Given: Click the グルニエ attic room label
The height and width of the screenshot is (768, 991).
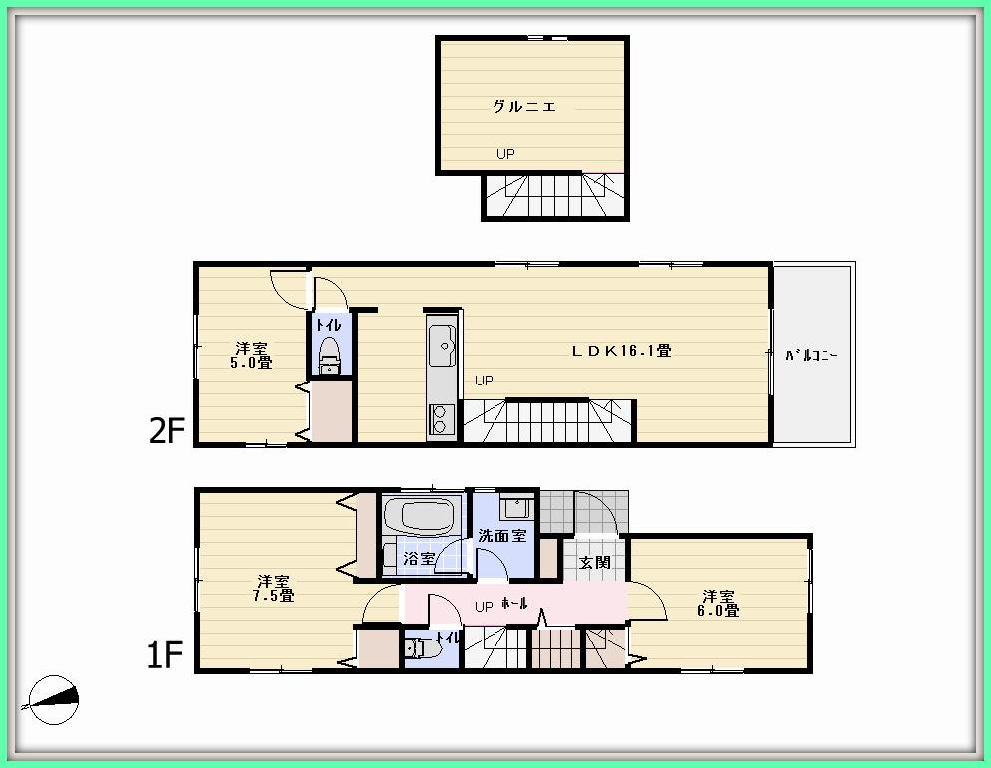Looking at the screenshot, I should pyautogui.click(x=523, y=106).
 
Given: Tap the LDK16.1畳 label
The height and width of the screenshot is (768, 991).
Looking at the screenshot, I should pyautogui.click(x=620, y=351).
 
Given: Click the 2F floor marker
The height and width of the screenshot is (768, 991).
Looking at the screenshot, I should pyautogui.click(x=167, y=430).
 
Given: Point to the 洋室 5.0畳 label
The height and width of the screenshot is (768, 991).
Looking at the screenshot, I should pyautogui.click(x=251, y=356).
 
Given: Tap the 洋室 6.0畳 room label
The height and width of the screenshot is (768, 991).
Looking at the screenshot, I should pyautogui.click(x=719, y=603).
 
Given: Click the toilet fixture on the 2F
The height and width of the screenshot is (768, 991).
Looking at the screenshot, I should pyautogui.click(x=329, y=354).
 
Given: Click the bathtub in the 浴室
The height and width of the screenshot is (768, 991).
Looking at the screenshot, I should pyautogui.click(x=420, y=517).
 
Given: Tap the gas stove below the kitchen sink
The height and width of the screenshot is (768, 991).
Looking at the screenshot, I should pyautogui.click(x=440, y=420).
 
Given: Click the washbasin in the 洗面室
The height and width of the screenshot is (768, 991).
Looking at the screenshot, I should pyautogui.click(x=514, y=508).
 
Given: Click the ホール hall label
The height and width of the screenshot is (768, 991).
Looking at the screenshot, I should pyautogui.click(x=514, y=604).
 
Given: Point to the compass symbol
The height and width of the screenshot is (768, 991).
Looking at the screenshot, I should pyautogui.click(x=53, y=701).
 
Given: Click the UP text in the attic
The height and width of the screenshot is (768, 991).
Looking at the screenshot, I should pyautogui.click(x=506, y=154).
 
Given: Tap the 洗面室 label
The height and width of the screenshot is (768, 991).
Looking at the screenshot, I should pyautogui.click(x=501, y=536).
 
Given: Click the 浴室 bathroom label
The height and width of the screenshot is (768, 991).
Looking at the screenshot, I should pyautogui.click(x=419, y=559).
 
